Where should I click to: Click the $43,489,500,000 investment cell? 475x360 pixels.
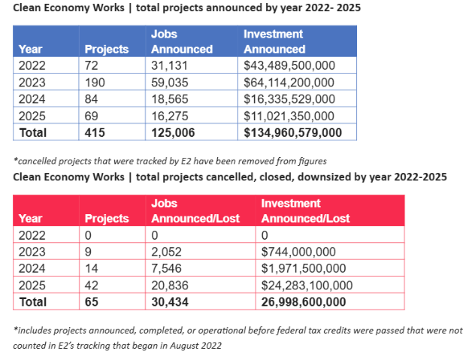click(289, 65)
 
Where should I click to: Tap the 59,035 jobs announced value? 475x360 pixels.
click(169, 82)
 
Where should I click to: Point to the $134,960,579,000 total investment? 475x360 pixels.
click(293, 132)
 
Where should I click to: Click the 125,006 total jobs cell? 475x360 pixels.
click(172, 132)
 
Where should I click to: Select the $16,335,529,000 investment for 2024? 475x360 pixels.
click(289, 98)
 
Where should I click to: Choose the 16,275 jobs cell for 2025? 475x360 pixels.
click(169, 116)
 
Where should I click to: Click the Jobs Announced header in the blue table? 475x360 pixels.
click(181, 42)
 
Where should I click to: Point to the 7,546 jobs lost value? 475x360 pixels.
click(167, 268)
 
